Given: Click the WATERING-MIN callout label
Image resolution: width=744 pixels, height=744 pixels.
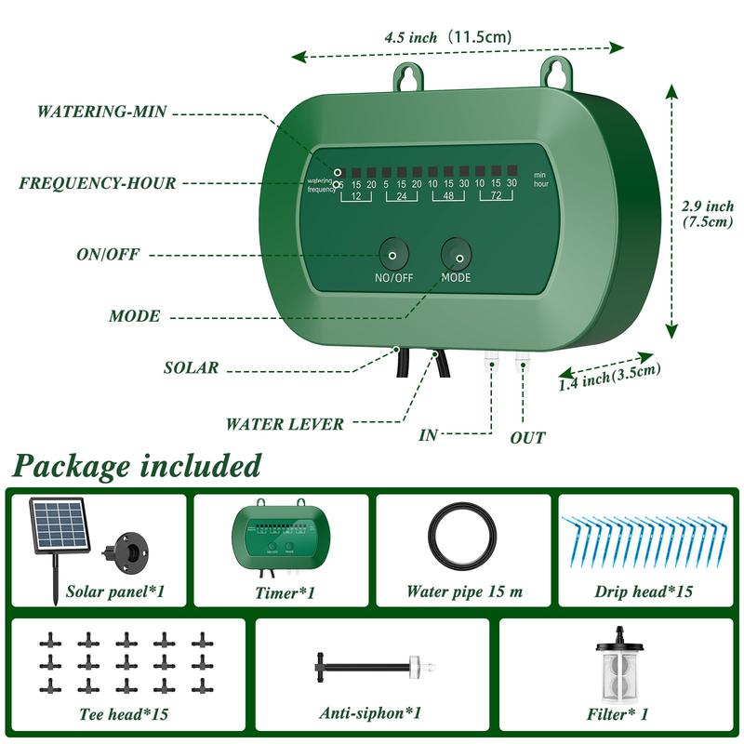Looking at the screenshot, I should point(101,112).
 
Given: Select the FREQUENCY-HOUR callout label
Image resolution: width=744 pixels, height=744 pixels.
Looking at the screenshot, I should point(97,183).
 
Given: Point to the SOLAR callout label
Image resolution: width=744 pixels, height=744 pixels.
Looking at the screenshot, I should point(192,367).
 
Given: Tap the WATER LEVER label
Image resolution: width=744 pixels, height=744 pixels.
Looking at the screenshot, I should point(285,424).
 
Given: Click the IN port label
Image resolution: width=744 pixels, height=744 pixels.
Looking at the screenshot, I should point(429,434).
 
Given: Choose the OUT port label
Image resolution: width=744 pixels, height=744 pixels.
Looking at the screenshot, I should point(527,437).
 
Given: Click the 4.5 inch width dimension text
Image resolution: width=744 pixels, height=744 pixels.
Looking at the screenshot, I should point(447,37).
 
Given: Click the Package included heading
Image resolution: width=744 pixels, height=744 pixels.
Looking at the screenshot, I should point(137,464).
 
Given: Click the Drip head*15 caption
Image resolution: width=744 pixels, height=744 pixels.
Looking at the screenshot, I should point(644,591).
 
